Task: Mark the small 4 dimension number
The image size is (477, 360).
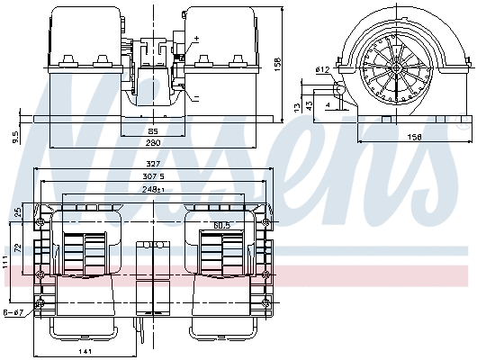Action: (328, 106)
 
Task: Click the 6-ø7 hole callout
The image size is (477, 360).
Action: (13, 312)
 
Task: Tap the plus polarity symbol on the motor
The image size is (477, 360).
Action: (196, 39)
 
